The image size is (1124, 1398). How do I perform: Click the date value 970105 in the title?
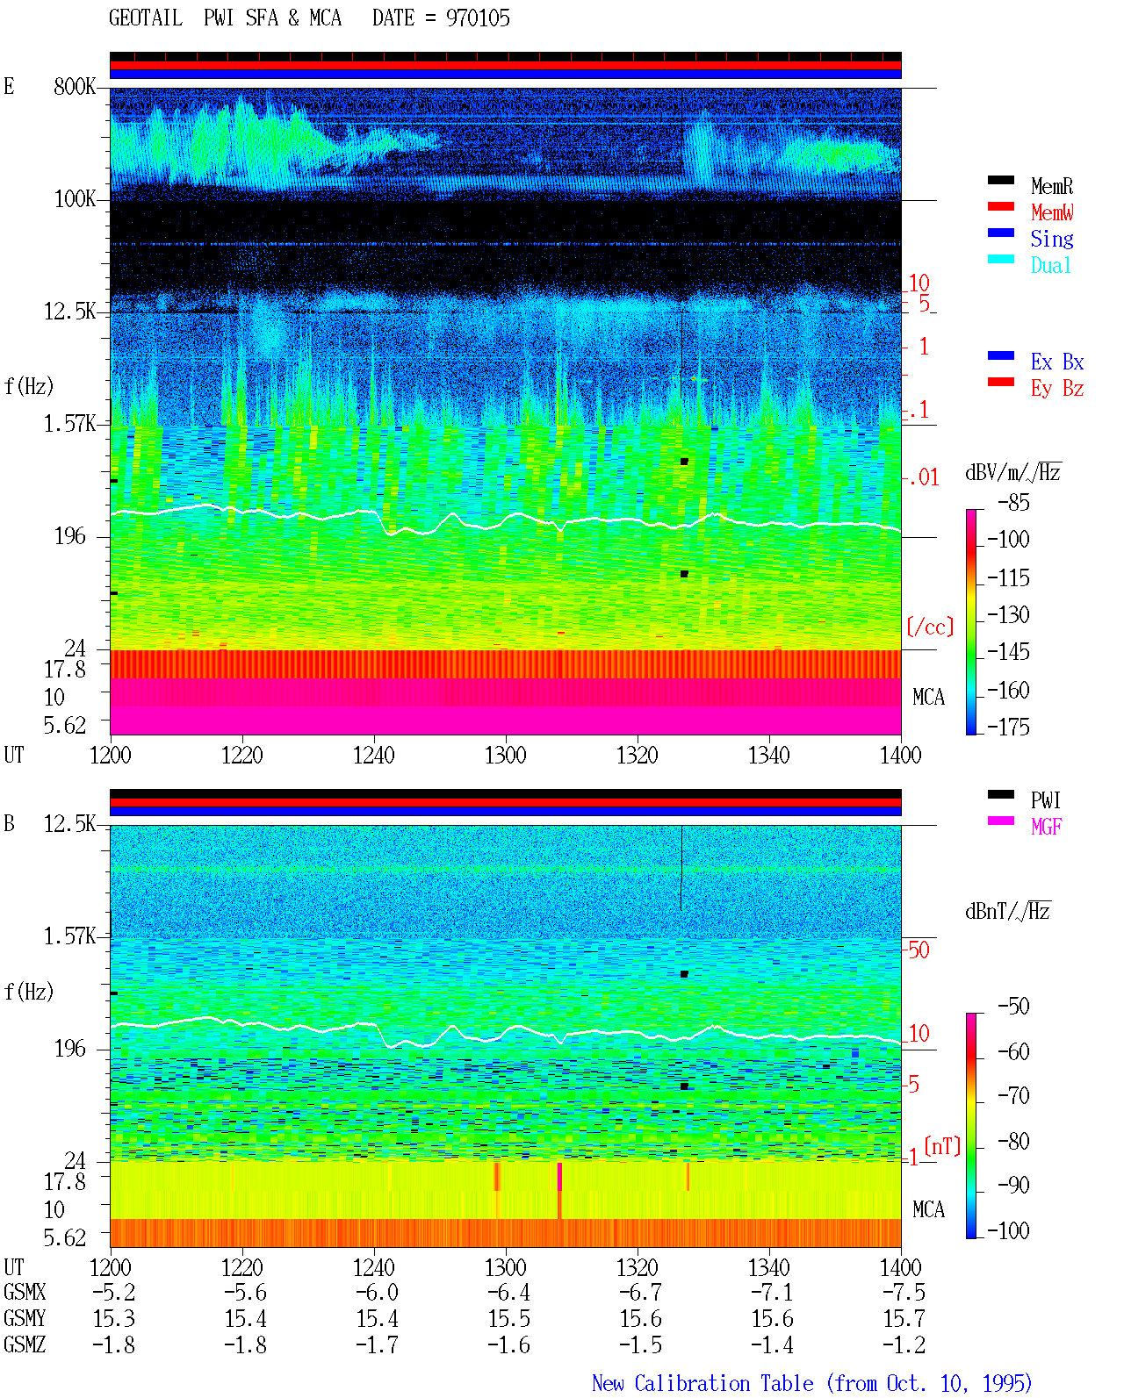[478, 18]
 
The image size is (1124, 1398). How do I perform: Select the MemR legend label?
[1052, 186]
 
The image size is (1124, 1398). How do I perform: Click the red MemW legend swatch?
[1000, 206]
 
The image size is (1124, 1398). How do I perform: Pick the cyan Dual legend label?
[1050, 265]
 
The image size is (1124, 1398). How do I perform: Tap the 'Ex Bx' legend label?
[1057, 362]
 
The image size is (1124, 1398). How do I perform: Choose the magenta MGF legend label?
[1047, 827]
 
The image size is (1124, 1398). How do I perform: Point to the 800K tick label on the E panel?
[74, 86]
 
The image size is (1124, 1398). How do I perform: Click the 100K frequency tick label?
[74, 199]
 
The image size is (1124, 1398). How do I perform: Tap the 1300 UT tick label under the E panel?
[505, 755]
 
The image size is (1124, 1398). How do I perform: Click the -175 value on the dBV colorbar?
[1008, 727]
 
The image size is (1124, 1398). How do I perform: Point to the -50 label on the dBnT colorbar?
[1013, 1006]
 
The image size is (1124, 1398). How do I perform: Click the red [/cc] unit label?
[930, 627]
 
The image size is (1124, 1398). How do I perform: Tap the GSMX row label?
[25, 1292]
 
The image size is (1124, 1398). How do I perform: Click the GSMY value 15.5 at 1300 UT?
[509, 1319]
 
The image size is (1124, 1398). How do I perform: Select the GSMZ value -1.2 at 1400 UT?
[904, 1344]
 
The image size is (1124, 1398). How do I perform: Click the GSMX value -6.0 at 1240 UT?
[377, 1292]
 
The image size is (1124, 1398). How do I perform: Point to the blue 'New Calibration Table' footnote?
[702, 1383]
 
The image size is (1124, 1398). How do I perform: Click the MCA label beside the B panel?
[928, 1209]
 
